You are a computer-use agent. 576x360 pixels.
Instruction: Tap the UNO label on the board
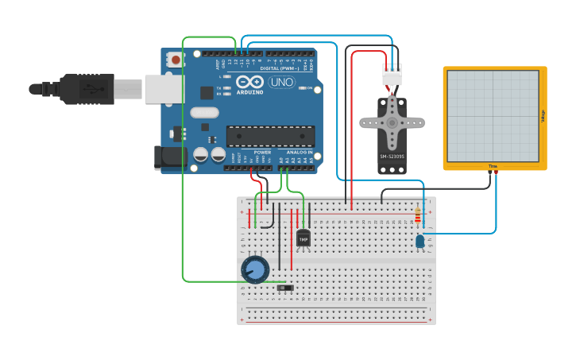281,82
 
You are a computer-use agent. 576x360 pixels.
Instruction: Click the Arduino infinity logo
249,82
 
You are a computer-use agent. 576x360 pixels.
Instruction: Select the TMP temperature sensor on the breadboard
303,237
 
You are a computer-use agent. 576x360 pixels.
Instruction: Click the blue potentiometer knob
255,270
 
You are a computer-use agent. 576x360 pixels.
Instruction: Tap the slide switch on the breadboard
285,288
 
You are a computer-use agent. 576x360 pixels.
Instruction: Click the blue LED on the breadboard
420,241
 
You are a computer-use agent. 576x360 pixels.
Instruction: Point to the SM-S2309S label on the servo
392,157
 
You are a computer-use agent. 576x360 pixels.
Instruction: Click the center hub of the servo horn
392,123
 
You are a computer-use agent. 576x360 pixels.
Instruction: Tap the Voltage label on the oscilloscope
543,116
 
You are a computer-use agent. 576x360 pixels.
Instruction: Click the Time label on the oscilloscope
493,166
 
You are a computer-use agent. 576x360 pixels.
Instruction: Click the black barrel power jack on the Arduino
171,157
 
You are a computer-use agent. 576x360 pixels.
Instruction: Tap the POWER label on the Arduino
262,152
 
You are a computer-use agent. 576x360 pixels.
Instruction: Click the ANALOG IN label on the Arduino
300,152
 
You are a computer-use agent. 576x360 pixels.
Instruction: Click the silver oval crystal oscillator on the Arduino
204,113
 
